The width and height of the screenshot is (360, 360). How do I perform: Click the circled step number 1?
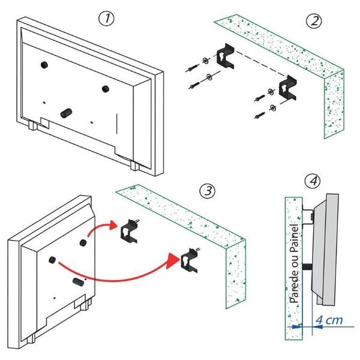106,19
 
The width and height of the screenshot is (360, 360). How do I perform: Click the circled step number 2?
314,21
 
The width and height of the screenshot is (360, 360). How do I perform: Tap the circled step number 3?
208,191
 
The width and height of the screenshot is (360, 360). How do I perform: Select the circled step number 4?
313,181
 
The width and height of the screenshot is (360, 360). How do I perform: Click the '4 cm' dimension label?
329,320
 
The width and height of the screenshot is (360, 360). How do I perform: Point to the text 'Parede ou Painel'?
294,263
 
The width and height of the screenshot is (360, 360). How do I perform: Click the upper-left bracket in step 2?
226,56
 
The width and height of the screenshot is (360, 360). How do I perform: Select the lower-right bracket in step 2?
287,88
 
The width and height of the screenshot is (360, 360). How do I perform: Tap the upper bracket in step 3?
129,232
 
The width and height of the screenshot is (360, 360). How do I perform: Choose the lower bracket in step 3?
189,261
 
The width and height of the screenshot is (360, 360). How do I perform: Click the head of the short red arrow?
113,225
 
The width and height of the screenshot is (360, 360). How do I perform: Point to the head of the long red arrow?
172,260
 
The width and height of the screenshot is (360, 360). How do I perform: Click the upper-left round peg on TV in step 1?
44,65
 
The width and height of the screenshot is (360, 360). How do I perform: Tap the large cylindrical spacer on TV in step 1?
66,113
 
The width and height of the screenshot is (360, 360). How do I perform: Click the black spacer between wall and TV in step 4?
307,267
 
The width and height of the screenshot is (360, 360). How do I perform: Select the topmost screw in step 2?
193,68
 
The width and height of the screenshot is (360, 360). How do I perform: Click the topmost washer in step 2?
205,61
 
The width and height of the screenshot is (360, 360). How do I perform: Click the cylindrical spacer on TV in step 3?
77,281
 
